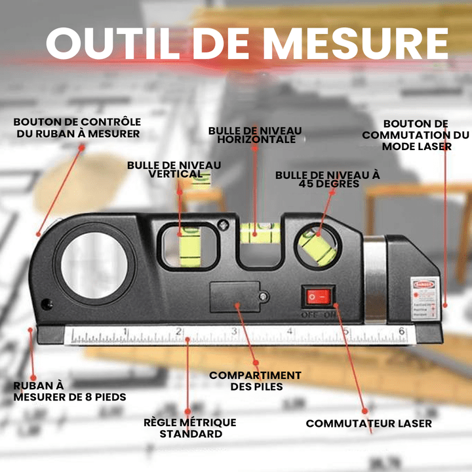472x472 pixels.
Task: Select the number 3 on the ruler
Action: [234, 332]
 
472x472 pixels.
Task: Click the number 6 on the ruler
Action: [401, 332]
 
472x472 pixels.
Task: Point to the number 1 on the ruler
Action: [125, 332]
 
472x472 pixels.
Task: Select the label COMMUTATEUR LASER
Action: [368, 423]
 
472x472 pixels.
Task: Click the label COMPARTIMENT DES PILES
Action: [255, 381]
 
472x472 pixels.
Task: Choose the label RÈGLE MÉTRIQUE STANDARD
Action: [189, 428]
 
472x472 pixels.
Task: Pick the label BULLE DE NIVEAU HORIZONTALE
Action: [255, 135]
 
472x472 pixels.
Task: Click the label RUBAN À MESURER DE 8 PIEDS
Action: [69, 391]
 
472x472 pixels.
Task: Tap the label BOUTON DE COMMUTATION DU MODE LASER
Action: [416, 135]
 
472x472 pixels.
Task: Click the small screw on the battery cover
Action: [262, 297]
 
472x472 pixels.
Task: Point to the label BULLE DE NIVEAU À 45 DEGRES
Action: [327, 180]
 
